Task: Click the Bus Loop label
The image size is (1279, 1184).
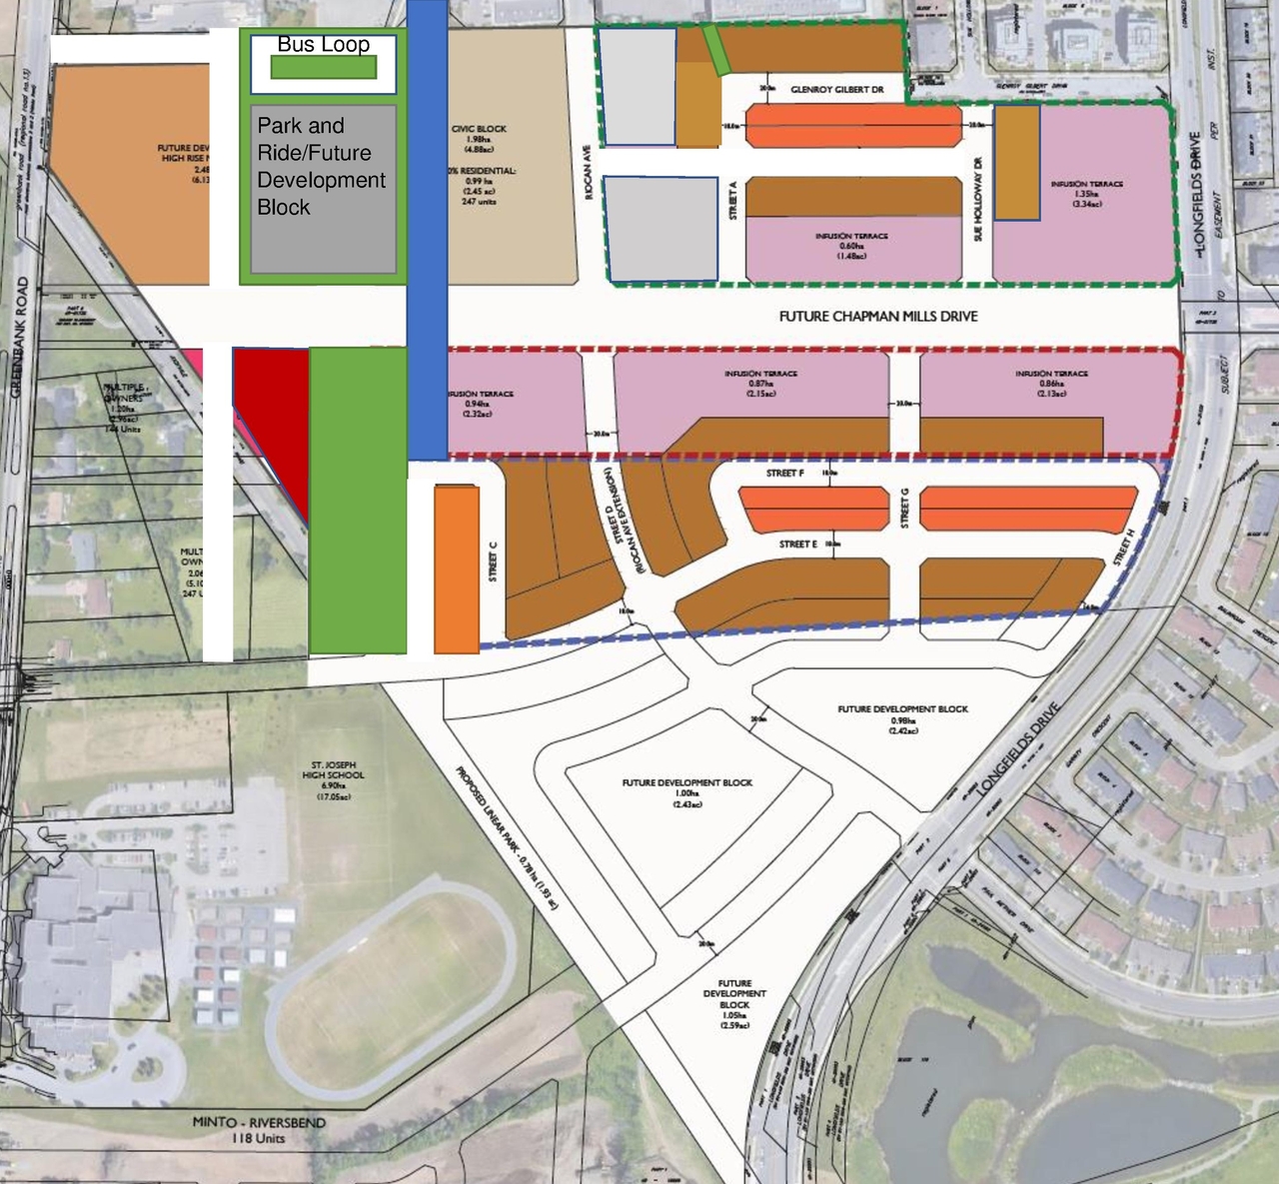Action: click(x=323, y=44)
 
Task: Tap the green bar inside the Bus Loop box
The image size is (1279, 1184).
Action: click(x=324, y=67)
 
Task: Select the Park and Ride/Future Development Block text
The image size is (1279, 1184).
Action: click(x=321, y=166)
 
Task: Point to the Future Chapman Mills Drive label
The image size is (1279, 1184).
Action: click(x=878, y=316)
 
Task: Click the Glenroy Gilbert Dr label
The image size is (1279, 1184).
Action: click(x=836, y=90)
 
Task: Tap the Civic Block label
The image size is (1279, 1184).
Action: click(x=479, y=129)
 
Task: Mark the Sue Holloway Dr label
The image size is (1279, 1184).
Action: click(x=978, y=199)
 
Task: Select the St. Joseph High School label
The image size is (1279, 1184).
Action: click(x=333, y=775)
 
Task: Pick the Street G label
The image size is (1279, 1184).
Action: click(x=905, y=509)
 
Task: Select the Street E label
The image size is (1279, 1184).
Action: click(x=798, y=545)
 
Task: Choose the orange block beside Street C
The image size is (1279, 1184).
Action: click(x=457, y=570)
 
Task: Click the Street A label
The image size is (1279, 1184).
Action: click(x=734, y=200)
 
